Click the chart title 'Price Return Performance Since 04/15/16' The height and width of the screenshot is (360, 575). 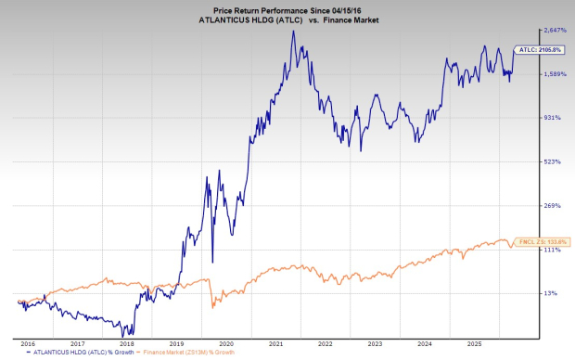[x=287, y=7]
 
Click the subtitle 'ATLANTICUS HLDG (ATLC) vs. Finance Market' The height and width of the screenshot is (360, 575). [x=287, y=19]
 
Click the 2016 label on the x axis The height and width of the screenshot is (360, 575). [x=28, y=342]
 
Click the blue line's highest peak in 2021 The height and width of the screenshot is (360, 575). [x=293, y=32]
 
